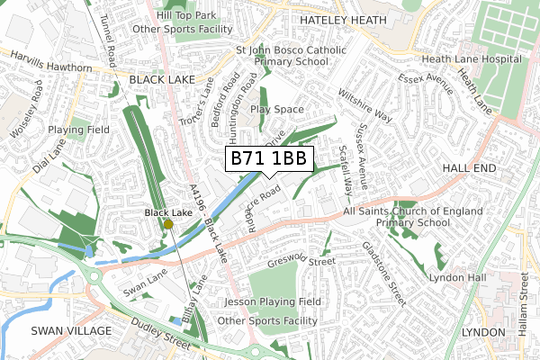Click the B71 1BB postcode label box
point(269,159)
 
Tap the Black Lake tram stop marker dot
point(168,225)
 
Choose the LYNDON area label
point(484,332)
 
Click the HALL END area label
point(470,168)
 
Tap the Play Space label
point(277,110)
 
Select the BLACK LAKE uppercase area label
point(159,79)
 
